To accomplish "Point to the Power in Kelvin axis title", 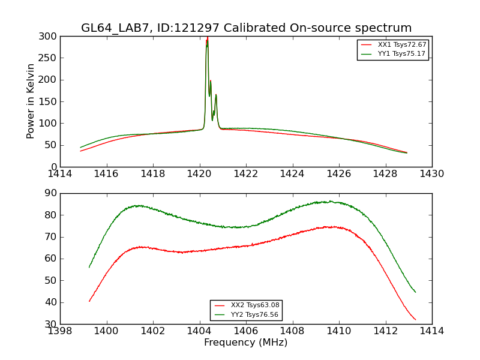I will pyautogui.click(x=31, y=101).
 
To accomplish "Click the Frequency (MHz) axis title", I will pyautogui.click(x=246, y=343).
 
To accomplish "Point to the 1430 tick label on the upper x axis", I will pyautogui.click(x=432, y=174).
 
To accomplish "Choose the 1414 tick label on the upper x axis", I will pyautogui.click(x=60, y=174).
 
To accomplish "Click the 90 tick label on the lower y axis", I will pyautogui.click(x=50, y=193).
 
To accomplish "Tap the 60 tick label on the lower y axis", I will pyautogui.click(x=50, y=259).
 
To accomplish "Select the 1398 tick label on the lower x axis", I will pyautogui.click(x=60, y=331).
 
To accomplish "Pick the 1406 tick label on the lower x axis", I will pyautogui.click(x=246, y=331).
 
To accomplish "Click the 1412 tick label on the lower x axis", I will pyautogui.click(x=385, y=331).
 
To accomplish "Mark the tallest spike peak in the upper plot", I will pyautogui.click(x=207, y=38).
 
